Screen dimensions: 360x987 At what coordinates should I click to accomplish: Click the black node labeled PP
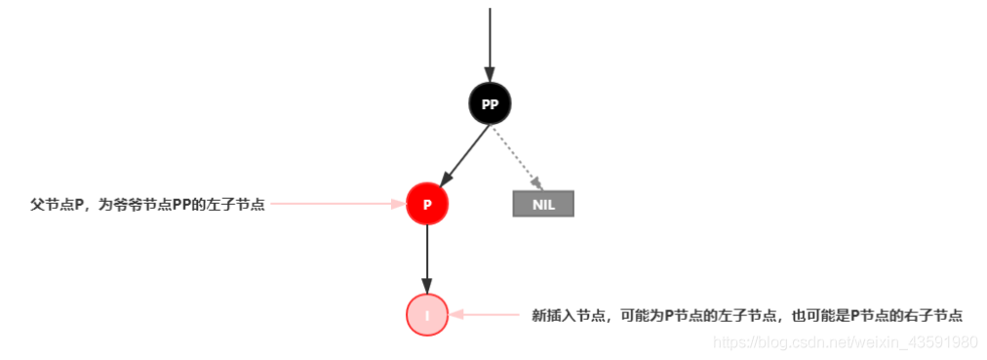(490, 103)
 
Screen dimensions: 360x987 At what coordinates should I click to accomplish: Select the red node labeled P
(426, 205)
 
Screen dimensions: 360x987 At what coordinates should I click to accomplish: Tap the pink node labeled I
(426, 315)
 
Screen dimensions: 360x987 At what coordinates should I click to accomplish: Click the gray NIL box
(543, 203)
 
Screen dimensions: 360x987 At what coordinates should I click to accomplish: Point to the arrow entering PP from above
(490, 39)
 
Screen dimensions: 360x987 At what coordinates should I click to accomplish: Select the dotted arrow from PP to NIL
(516, 155)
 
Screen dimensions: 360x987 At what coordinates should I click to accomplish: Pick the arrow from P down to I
(426, 259)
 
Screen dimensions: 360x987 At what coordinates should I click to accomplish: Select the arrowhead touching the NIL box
(535, 183)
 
